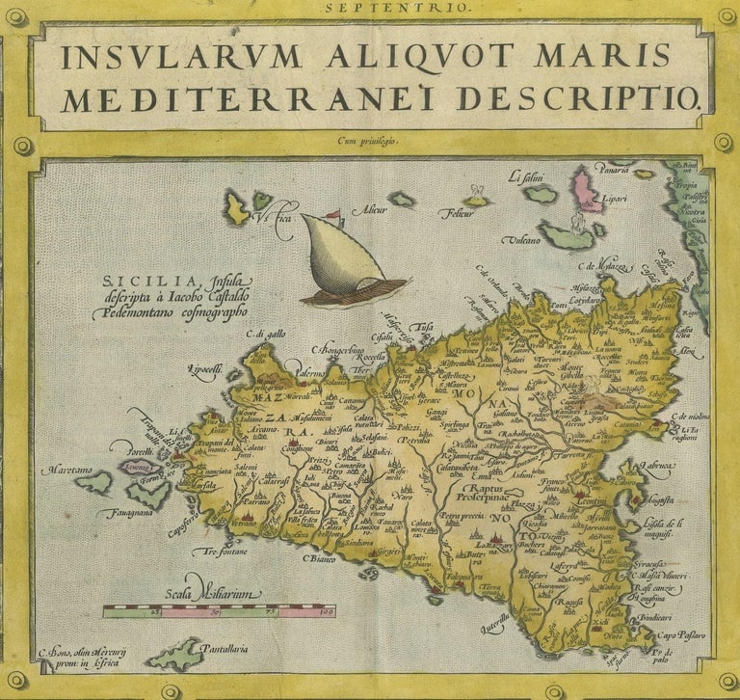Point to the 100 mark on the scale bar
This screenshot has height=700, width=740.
coord(325,612)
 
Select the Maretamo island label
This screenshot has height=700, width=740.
coord(66,471)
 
